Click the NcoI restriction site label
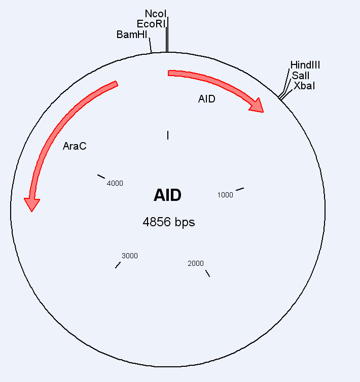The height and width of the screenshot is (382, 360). (x=156, y=13)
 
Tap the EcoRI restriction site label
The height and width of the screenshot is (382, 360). (x=151, y=24)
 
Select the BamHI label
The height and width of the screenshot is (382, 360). (x=132, y=34)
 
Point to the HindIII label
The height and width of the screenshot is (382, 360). (x=305, y=65)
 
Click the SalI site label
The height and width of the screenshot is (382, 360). (x=301, y=76)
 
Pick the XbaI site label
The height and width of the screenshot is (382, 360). (x=304, y=86)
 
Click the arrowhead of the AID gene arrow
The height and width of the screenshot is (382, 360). (x=257, y=105)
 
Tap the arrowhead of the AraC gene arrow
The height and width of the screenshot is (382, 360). (x=32, y=204)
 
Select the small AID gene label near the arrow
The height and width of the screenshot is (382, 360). (x=206, y=99)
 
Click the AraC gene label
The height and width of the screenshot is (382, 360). (x=75, y=146)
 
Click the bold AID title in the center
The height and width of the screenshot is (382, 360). (x=167, y=195)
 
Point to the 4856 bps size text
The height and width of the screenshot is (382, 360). (x=169, y=222)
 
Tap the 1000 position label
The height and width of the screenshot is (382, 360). (x=225, y=195)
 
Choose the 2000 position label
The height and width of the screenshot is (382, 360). (x=195, y=263)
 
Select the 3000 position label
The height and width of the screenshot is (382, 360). (x=130, y=256)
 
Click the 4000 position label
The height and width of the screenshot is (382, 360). (x=115, y=183)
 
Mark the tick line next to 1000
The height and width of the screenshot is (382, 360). (x=240, y=190)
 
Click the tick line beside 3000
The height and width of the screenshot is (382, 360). (x=118, y=265)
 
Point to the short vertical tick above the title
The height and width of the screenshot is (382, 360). (x=167, y=135)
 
